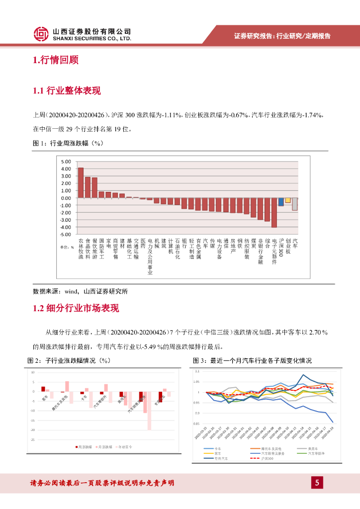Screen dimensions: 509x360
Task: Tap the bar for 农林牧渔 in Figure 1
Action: click(x=81, y=182)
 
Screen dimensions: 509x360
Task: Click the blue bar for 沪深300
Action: click(x=281, y=201)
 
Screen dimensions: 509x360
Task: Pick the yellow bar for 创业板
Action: click(x=288, y=200)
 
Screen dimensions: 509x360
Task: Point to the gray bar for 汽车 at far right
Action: click(x=295, y=204)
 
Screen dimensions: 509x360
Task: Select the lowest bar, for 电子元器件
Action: click(x=274, y=212)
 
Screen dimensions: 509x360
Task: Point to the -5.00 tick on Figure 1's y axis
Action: click(x=66, y=234)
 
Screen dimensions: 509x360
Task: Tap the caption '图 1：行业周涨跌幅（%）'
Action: click(x=68, y=143)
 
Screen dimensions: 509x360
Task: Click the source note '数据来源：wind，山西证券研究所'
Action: click(x=81, y=291)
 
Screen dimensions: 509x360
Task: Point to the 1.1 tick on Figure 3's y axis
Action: click(x=197, y=371)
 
